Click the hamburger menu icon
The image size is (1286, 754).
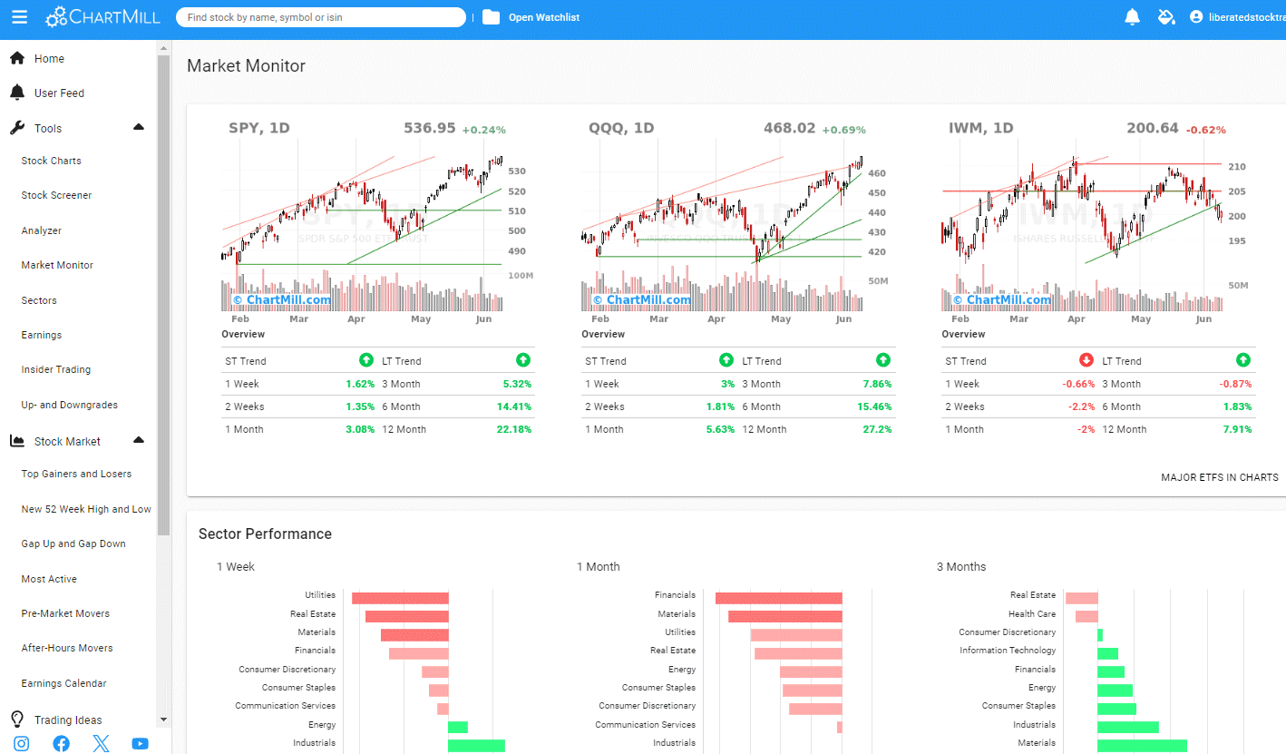(20, 17)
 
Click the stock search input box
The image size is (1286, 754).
(320, 17)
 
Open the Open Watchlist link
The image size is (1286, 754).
(543, 17)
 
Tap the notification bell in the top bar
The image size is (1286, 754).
(1132, 17)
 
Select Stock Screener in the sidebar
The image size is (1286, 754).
(56, 195)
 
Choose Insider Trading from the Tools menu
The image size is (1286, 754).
(56, 369)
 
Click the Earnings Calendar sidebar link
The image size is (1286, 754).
(63, 683)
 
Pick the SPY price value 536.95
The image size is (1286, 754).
(429, 128)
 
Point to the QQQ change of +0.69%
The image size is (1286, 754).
(843, 130)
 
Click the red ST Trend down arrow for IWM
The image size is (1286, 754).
(1086, 360)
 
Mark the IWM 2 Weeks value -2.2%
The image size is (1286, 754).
(1080, 406)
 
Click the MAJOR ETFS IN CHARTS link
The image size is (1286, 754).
(1219, 477)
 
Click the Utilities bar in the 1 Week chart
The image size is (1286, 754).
(400, 598)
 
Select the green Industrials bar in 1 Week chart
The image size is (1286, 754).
(476, 745)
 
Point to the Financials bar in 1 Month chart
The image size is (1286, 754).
(778, 598)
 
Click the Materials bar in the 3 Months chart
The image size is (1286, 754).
(1142, 745)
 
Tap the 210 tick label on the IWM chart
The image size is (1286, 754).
(1236, 167)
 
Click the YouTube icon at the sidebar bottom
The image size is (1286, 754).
(140, 744)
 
